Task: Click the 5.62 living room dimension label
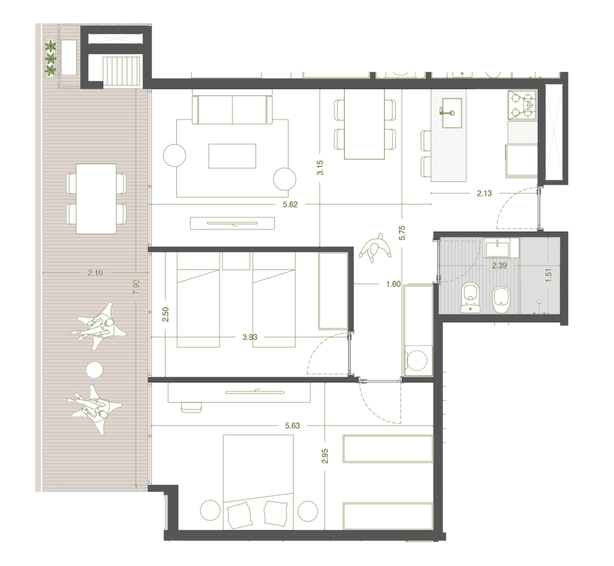pos(290,204)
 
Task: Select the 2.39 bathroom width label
pos(499,265)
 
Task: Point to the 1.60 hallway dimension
pos(393,284)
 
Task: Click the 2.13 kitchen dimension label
pos(484,193)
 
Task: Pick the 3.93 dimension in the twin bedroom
pos(250,337)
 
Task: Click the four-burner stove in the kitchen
pos(522,104)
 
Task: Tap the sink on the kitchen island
pos(452,113)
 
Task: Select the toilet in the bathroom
pos(470,298)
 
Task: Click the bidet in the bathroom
pos(501,301)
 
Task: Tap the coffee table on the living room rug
pos(232,156)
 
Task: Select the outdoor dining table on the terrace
pos(96,199)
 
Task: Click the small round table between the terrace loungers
pos(94,370)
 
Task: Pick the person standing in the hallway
pos(375,247)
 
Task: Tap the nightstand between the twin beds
pos(236,261)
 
